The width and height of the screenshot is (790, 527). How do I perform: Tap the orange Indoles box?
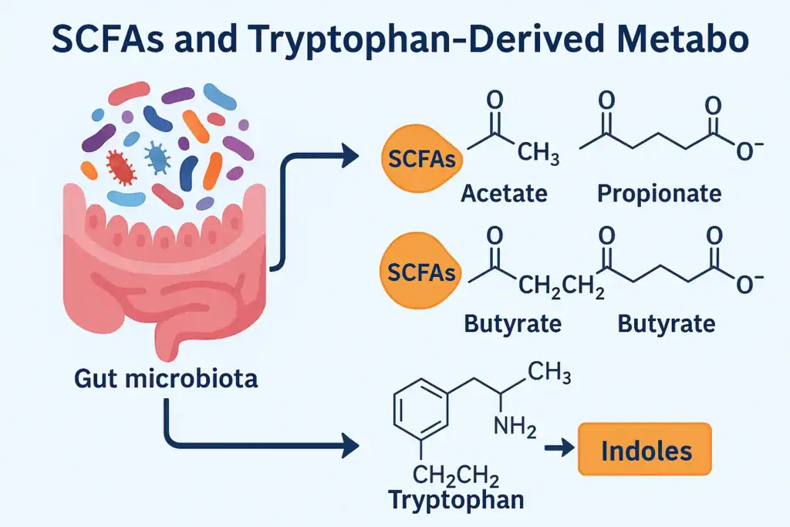(x=644, y=449)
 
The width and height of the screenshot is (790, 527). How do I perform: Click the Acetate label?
(x=504, y=192)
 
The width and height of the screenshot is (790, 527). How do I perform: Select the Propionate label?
(x=659, y=192)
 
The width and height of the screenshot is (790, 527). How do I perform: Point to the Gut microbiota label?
(x=166, y=378)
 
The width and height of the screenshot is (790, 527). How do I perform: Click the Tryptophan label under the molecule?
(x=456, y=499)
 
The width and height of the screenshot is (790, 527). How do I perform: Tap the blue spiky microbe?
(x=158, y=158)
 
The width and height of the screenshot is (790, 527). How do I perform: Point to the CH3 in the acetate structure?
(x=538, y=154)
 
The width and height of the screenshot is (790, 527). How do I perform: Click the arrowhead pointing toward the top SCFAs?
(x=350, y=157)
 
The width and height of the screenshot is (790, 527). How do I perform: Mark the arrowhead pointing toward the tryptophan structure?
(x=350, y=446)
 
